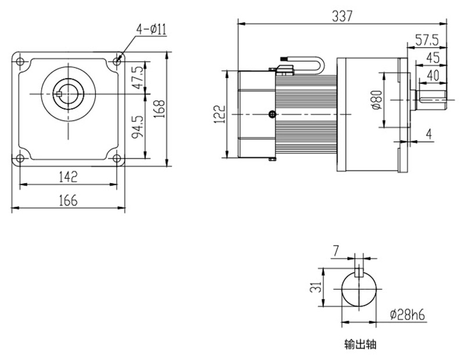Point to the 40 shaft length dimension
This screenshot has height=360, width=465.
(x=433, y=75)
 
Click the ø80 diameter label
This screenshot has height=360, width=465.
(x=375, y=100)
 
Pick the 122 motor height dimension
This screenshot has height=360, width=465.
(x=216, y=114)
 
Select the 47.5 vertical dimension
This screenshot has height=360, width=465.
(x=137, y=76)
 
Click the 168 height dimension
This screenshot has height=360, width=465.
(x=161, y=109)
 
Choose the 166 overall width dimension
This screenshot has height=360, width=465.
(x=68, y=200)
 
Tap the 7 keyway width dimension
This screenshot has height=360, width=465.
(x=335, y=251)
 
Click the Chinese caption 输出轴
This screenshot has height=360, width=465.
(x=360, y=344)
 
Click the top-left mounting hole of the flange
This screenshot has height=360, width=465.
(x=20, y=61)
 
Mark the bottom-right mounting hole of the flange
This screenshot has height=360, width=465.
(x=117, y=158)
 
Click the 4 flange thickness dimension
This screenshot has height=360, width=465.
(x=428, y=134)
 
